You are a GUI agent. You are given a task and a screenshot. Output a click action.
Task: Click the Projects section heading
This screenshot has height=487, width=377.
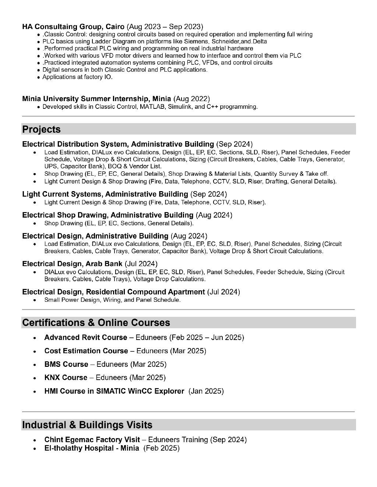coord(41,129)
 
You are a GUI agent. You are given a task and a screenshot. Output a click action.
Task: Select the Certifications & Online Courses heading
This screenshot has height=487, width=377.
coord(96,323)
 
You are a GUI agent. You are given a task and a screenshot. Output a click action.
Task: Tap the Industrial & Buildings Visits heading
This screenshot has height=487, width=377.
coord(87,425)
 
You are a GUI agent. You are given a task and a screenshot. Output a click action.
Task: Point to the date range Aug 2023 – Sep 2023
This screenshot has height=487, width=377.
coord(165,26)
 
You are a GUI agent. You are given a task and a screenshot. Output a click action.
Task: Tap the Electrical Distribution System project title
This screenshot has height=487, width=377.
coord(118,144)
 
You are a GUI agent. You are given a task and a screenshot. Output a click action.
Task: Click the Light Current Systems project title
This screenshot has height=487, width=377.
coord(105,194)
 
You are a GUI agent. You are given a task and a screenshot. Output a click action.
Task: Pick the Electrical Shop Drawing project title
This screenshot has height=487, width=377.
coord(108,215)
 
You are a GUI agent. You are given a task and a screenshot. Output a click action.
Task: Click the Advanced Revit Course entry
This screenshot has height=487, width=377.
coord(85,337)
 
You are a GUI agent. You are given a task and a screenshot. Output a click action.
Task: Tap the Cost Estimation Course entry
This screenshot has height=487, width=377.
coord(86,351)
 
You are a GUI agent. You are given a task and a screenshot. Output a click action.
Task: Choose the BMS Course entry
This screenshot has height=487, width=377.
coord(66,364)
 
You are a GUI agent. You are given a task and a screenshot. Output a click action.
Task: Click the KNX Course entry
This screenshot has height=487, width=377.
coord(66,377)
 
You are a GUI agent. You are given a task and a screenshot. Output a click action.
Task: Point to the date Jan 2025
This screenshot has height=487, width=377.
coord(206,391)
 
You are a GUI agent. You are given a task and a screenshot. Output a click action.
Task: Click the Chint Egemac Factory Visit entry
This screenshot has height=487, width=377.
coord(92,440)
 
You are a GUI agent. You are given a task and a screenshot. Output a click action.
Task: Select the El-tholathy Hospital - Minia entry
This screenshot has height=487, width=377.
coord(92,448)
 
